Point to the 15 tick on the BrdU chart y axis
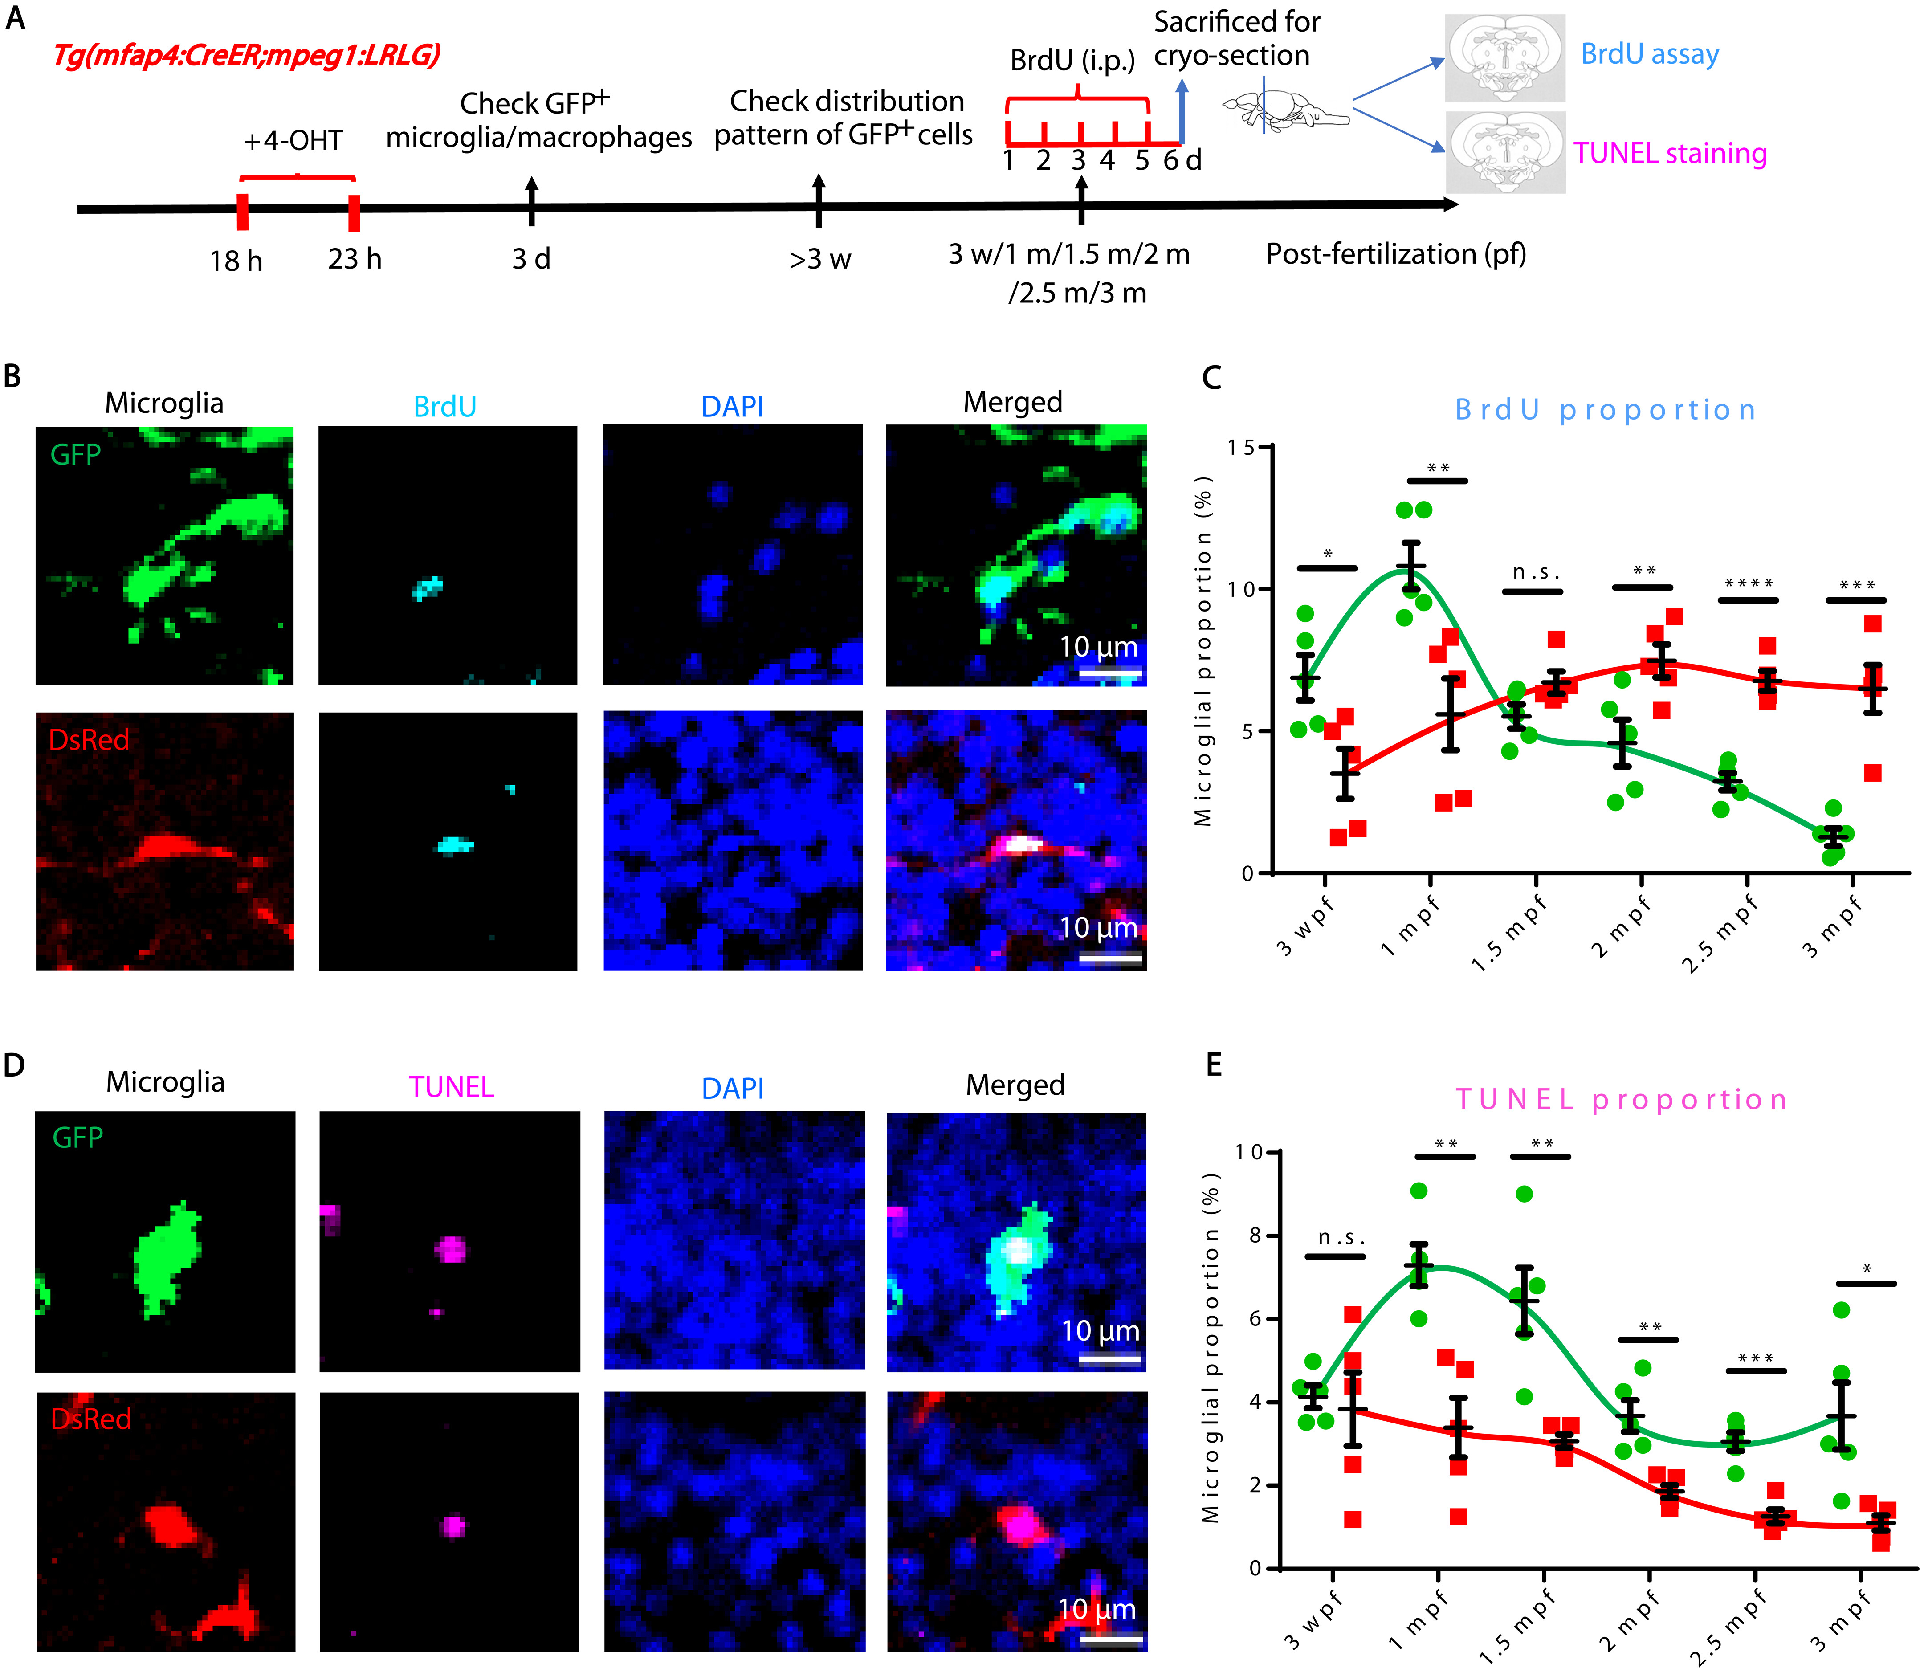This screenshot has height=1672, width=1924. pos(1241,448)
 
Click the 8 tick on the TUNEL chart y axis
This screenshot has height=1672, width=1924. pos(1255,1236)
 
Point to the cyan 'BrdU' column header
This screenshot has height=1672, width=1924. pos(445,407)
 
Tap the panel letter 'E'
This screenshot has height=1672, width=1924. pos(1213,1064)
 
